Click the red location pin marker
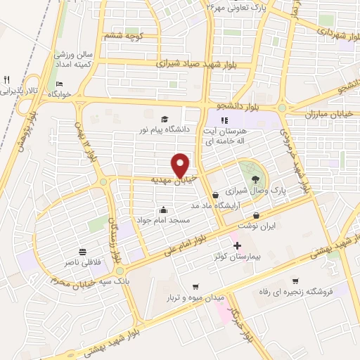[x=181, y=165]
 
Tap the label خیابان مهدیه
[x=175, y=181]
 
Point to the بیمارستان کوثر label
[x=237, y=257]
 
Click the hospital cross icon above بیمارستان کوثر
[x=237, y=246]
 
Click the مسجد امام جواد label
[x=163, y=220]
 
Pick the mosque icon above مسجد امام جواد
[x=163, y=209]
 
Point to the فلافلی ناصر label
[x=83, y=263]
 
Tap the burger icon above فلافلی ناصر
[x=83, y=252]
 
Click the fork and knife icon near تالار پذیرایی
[x=7, y=79]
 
